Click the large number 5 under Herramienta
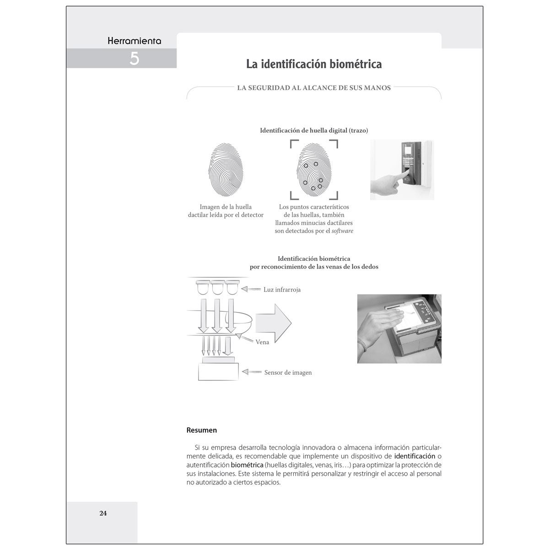(x=134, y=59)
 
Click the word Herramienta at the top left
(x=134, y=41)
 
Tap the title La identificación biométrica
(x=314, y=64)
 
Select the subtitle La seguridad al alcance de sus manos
(x=314, y=87)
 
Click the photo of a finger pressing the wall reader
(x=402, y=170)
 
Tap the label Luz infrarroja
(x=282, y=290)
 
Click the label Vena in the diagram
(x=262, y=342)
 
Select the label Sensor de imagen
(x=288, y=372)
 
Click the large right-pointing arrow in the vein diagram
(x=274, y=323)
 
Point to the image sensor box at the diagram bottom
(x=218, y=371)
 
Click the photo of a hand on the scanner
(x=399, y=328)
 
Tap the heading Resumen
(x=202, y=430)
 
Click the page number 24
(x=103, y=513)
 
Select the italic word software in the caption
(x=342, y=231)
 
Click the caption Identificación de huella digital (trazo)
(x=314, y=130)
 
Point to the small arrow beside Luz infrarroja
(x=250, y=289)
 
